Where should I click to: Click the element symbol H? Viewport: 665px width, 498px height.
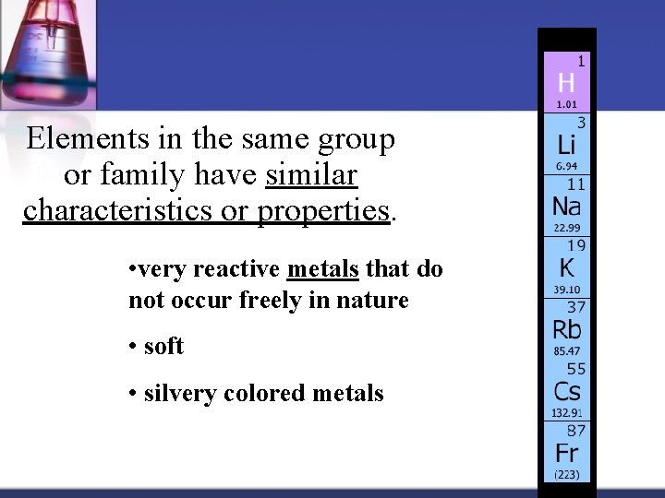[566, 82]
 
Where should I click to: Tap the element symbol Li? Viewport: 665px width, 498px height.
[566, 145]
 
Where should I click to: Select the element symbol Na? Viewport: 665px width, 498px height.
[567, 207]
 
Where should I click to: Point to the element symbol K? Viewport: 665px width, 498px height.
[565, 268]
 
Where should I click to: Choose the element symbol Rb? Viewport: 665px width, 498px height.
[567, 329]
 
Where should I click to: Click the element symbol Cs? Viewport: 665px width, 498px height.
[567, 391]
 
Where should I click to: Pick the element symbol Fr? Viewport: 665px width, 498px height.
[566, 453]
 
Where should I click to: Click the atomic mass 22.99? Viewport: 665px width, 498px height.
[566, 228]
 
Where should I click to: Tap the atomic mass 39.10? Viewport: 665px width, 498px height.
[566, 290]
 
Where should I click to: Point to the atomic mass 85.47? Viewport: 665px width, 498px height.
[566, 351]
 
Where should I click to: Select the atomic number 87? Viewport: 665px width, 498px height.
[576, 430]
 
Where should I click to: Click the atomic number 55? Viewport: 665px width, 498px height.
[576, 369]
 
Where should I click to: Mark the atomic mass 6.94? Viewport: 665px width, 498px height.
[565, 166]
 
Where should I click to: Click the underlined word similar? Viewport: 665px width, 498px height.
[311, 174]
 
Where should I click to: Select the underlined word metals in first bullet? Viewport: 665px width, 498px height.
[323, 269]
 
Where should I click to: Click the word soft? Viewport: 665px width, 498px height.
[163, 347]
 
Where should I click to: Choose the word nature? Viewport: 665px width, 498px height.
[373, 300]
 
